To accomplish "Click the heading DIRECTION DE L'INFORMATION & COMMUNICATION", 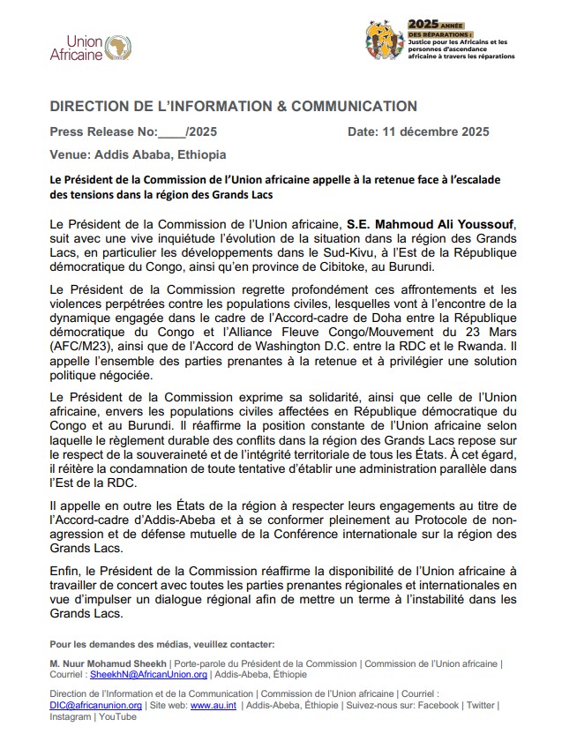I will pos(234,107).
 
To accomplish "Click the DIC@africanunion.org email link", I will pos(96,705).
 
